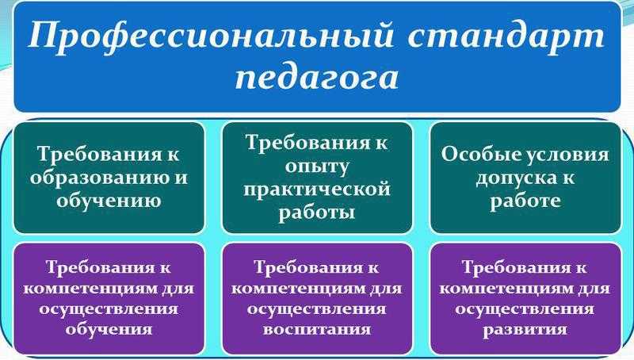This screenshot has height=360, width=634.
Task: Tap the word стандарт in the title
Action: [506, 36]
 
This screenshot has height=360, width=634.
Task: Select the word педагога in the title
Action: [316, 77]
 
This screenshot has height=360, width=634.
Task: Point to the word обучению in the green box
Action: [109, 201]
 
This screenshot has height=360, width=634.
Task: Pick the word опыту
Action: [316, 167]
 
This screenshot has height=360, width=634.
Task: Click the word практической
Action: [316, 190]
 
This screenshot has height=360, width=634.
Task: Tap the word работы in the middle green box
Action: [316, 213]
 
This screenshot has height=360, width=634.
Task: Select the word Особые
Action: [473, 155]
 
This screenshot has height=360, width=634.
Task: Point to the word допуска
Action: [514, 178]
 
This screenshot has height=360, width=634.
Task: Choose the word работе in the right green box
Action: [525, 201]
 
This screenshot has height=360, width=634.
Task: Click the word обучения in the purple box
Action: [109, 329]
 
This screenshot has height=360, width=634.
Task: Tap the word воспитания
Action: [316, 329]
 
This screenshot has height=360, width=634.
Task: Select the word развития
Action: [525, 330]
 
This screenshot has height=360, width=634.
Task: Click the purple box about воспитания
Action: [317, 299]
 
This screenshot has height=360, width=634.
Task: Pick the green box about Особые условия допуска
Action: [525, 178]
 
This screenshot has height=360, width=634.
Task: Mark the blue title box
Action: [317, 56]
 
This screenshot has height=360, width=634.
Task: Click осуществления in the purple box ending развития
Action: [525, 309]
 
